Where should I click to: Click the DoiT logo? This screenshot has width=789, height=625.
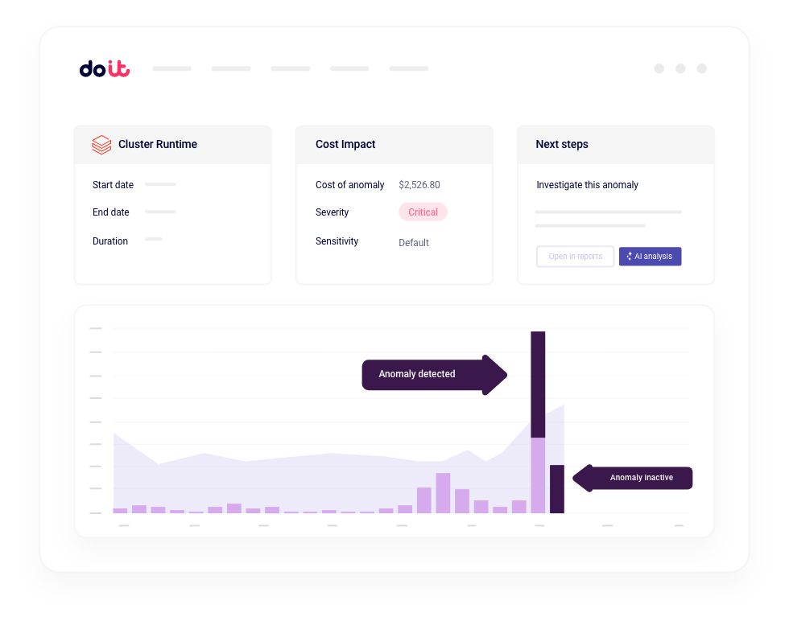[x=105, y=69]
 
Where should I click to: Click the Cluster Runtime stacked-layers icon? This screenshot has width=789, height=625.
[x=101, y=145]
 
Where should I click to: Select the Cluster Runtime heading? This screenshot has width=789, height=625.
[x=158, y=145]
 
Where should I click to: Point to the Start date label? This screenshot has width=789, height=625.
[x=113, y=185]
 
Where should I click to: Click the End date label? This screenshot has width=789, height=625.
[x=111, y=212]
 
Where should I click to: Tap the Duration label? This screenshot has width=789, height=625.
[x=110, y=241]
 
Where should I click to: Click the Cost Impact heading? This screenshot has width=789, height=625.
[x=345, y=145]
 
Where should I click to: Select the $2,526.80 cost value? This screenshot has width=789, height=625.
[x=419, y=185]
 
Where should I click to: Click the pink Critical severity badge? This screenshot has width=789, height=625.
[x=423, y=212]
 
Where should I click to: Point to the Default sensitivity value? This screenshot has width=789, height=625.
[x=414, y=243]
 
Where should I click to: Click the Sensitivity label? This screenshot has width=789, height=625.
[x=337, y=241]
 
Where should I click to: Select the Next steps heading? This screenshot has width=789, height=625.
[x=562, y=145]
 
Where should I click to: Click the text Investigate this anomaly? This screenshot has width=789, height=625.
[x=587, y=185]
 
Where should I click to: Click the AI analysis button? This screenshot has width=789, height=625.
[x=650, y=257]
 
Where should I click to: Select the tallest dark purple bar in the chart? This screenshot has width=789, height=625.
[x=538, y=384]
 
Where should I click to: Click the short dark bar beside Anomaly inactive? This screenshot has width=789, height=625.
[x=556, y=489]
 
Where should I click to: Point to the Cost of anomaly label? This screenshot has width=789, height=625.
[x=350, y=185]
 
